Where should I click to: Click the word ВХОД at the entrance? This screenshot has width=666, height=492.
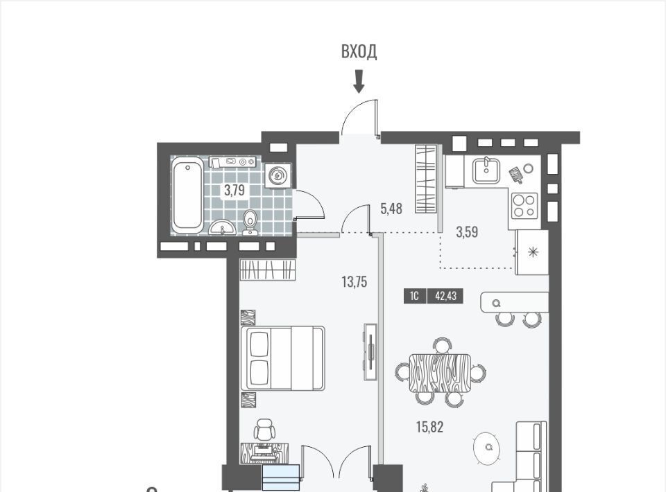359,51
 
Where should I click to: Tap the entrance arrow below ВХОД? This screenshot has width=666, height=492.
359,82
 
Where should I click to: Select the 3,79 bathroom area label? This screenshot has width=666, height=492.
234,190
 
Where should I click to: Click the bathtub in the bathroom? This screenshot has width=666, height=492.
187,194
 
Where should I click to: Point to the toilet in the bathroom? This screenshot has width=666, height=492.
250,222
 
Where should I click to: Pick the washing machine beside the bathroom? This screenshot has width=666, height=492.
277,175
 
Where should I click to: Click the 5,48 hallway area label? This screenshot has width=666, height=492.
391,209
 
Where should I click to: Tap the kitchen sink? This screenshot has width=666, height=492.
487,170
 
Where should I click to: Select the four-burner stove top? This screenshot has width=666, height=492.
524,206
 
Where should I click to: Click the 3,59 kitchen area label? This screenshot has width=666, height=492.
467,232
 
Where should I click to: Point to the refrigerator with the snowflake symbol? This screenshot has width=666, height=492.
532,252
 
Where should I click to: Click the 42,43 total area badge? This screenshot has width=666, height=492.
445,296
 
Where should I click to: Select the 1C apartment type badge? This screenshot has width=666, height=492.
414,296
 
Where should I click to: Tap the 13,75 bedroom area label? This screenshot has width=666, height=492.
355,281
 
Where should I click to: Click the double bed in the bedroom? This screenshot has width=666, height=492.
282,358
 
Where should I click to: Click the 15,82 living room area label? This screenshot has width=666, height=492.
429,427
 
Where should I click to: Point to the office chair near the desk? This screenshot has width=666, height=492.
264,429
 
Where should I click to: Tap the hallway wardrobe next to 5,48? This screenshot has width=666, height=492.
425,179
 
